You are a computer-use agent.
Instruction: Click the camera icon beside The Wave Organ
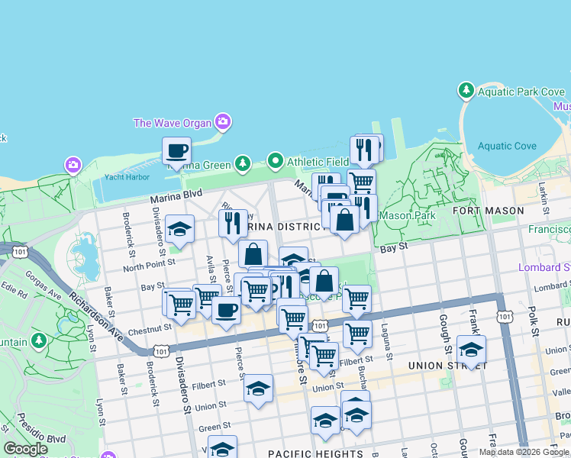tap(223, 121)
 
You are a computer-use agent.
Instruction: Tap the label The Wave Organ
tap(173, 122)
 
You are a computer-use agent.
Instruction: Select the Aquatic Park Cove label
tap(521, 92)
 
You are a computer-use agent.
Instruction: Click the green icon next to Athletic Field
tap(275, 161)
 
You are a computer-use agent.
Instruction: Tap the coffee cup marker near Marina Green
tap(177, 150)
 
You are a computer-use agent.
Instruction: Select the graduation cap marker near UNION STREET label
tap(472, 350)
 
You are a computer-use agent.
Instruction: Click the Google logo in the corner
tap(26, 449)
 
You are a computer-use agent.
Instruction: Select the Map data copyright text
tap(524, 452)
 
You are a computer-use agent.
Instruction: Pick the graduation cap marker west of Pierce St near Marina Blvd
tap(180, 229)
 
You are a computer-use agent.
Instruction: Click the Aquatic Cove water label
tap(507, 146)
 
